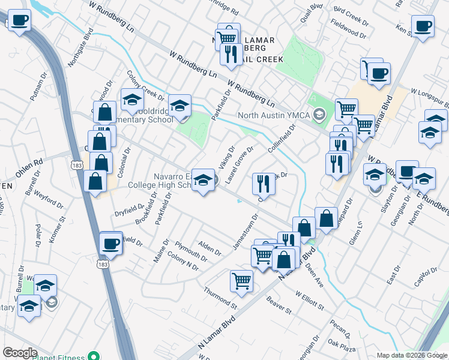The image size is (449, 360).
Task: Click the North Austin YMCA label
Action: pyautogui.click(x=276, y=115)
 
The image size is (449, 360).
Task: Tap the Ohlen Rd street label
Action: pyautogui.click(x=29, y=166)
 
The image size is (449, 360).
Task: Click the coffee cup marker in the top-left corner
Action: pyautogui.click(x=19, y=22)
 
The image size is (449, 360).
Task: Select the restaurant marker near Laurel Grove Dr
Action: pyautogui.click(x=263, y=184)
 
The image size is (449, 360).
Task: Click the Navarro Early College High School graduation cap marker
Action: pyautogui.click(x=203, y=181)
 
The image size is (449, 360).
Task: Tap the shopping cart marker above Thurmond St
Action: pyautogui.click(x=241, y=281)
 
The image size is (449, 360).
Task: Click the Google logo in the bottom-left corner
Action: pyautogui.click(x=19, y=353)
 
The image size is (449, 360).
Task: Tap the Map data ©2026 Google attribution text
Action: pyautogui.click(x=411, y=355)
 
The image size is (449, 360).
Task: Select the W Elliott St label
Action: pyautogui.click(x=310, y=300)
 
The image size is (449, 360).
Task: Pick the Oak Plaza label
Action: pyautogui.click(x=343, y=347)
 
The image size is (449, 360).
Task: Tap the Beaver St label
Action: pyautogui.click(x=279, y=306)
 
